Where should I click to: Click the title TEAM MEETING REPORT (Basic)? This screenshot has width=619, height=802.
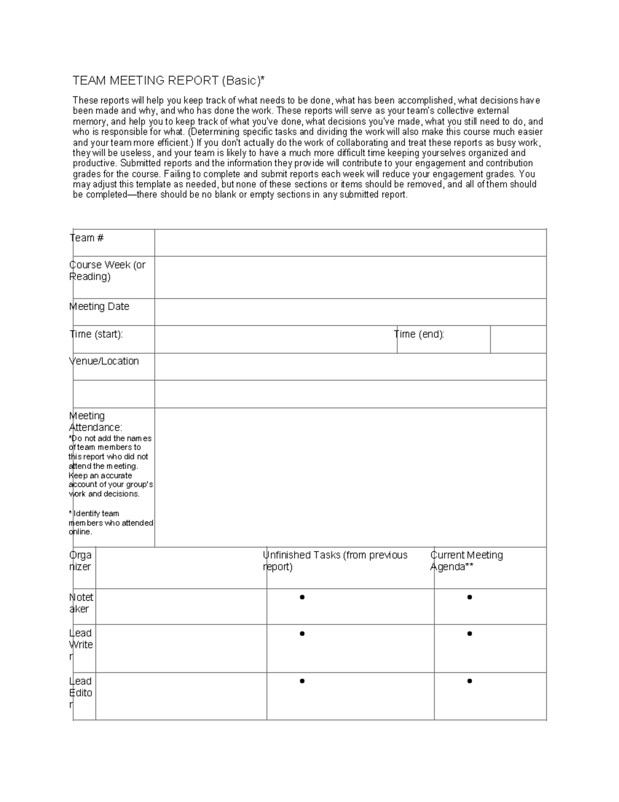(168, 81)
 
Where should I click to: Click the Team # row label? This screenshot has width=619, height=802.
(87, 238)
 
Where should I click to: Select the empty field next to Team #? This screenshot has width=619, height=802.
(350, 243)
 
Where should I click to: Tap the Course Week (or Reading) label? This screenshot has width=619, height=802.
(107, 271)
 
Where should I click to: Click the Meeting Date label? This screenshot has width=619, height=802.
(99, 306)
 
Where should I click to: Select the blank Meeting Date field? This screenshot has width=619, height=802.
(350, 312)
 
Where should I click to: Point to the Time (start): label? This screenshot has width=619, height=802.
(96, 334)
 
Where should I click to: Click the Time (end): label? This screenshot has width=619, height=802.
(419, 334)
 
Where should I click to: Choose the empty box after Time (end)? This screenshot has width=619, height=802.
(518, 339)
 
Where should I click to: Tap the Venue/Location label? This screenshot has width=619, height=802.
(104, 361)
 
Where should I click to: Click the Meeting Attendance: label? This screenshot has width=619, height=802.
(95, 421)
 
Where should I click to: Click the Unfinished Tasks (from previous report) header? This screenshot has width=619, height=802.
(335, 561)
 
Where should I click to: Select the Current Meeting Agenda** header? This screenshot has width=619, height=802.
(467, 561)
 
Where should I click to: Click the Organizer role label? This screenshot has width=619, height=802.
(80, 561)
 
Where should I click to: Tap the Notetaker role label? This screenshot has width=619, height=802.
(82, 603)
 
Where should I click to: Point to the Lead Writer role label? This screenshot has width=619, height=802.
(81, 644)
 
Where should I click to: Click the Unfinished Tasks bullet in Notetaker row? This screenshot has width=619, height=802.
(302, 597)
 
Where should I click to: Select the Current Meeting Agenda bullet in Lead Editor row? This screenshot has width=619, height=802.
(469, 681)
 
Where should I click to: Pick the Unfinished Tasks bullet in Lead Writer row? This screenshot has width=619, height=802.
(302, 634)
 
